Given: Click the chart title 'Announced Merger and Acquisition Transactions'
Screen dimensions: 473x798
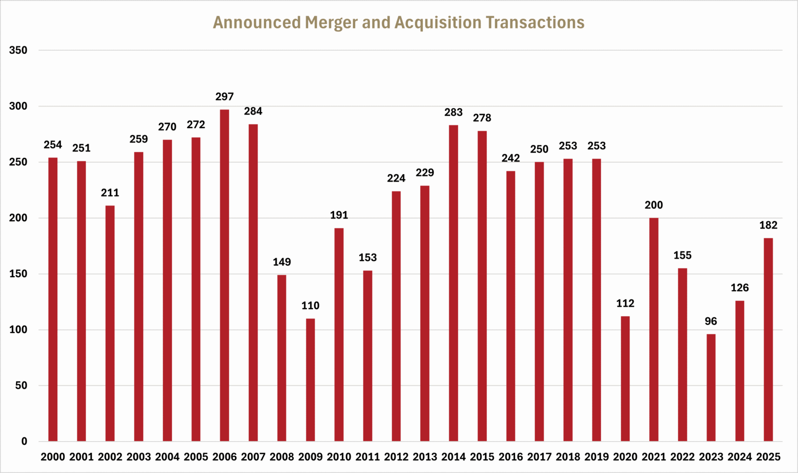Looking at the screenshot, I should point(399,23).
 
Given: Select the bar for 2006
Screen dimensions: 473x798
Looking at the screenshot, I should point(224,275).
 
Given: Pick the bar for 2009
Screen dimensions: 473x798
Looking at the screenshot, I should point(310,380).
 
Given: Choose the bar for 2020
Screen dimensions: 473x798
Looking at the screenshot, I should point(625,379).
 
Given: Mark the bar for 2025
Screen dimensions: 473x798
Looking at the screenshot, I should point(768,340).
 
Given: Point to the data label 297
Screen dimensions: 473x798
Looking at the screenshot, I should point(224,97).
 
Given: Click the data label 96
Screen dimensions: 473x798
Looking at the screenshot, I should point(711,321).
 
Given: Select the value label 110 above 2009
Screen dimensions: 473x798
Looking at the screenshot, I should point(310,306).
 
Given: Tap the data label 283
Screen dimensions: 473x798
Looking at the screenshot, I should point(453,113).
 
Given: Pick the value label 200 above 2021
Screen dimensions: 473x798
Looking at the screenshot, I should point(653,205).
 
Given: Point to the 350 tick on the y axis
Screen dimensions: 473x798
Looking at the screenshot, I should point(18,50).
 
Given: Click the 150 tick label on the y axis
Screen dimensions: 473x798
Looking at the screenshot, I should point(18,274).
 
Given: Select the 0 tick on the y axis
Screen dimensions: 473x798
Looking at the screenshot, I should point(24,442).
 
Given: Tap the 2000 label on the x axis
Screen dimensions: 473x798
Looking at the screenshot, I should point(53,457).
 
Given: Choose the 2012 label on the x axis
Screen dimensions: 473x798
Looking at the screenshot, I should point(396,457).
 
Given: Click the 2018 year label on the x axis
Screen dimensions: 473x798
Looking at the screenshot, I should point(568,457).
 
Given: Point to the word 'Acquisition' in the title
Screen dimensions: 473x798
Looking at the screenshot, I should point(437,23).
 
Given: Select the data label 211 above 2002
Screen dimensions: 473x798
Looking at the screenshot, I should point(110,193).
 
